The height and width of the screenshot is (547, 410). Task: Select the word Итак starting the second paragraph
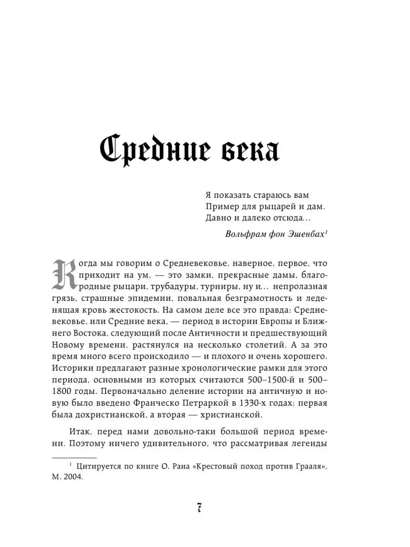click(x=82, y=432)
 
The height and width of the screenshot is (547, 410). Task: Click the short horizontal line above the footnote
click(x=74, y=457)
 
